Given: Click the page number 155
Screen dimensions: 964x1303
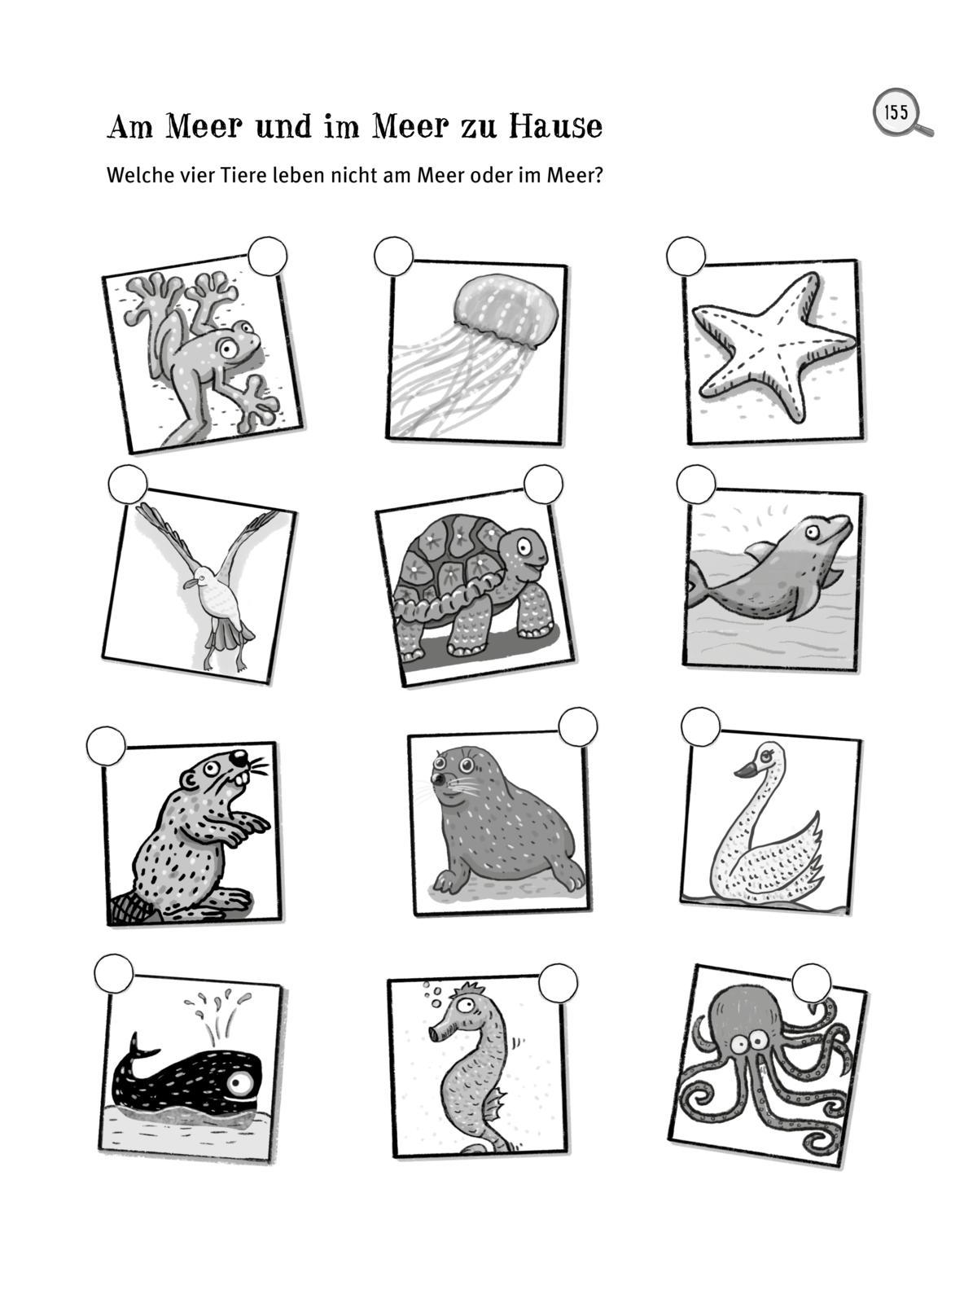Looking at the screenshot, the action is tap(896, 112).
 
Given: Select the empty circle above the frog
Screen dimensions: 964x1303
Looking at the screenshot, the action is tap(267, 257).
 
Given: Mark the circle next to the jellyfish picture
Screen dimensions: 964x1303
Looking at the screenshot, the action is tap(393, 257).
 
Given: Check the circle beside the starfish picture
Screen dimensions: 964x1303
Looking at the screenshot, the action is tap(686, 257).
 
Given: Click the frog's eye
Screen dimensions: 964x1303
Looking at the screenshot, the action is tap(228, 349).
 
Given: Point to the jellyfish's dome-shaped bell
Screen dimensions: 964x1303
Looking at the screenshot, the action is tap(506, 311).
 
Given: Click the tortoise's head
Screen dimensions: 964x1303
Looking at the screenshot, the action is tap(523, 552).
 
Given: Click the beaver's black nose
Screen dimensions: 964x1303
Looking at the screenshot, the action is tap(239, 758).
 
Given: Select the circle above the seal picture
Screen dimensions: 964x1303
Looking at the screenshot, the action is tap(577, 726).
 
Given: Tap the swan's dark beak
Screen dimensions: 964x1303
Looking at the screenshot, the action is tap(746, 769).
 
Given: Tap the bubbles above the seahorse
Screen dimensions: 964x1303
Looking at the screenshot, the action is tap(433, 992).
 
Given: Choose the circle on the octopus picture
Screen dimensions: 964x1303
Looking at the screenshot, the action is tap(812, 984).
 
